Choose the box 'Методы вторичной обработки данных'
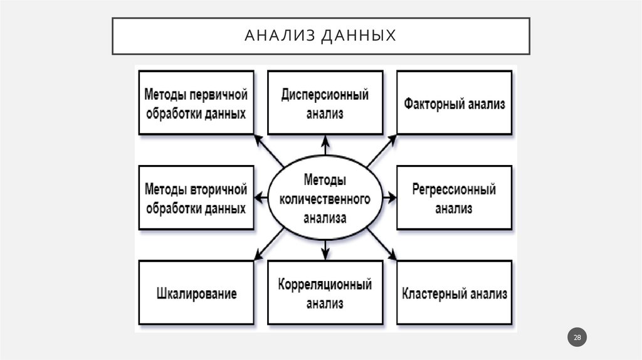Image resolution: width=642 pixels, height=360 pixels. click(x=196, y=198)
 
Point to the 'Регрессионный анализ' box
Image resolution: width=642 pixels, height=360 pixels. click(x=454, y=198)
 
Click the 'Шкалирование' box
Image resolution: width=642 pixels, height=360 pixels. click(x=196, y=294)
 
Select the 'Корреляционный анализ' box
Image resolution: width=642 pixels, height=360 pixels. click(x=325, y=294)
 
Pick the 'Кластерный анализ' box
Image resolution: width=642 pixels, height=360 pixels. click(x=454, y=294)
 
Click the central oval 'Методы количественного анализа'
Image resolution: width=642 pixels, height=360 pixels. click(x=325, y=198)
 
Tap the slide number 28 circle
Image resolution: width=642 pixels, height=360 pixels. click(x=577, y=338)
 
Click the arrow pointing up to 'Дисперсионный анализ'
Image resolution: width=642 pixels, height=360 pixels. click(x=325, y=147)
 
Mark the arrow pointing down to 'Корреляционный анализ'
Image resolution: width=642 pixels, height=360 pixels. click(x=325, y=249)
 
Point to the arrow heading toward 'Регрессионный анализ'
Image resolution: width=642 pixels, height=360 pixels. click(x=389, y=198)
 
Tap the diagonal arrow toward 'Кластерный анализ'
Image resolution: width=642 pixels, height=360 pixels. click(x=382, y=245)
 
